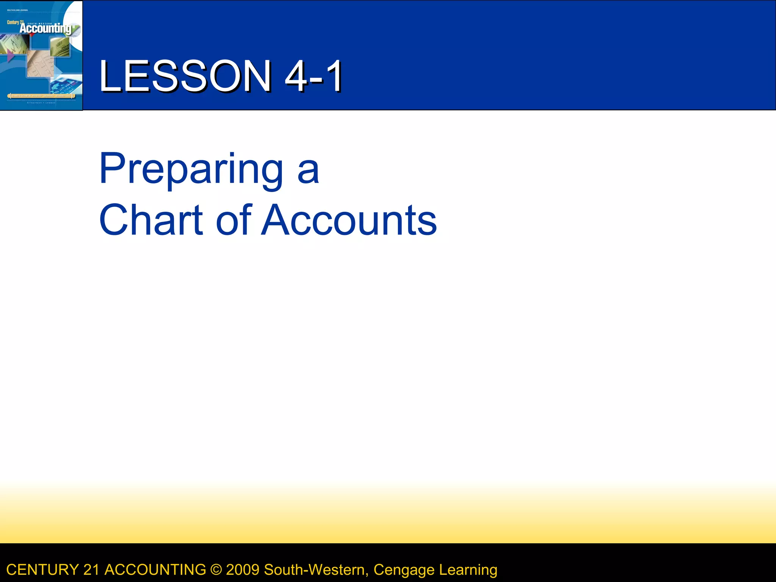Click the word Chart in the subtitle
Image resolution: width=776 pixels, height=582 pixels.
click(151, 221)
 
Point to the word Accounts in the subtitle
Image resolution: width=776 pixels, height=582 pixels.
click(349, 221)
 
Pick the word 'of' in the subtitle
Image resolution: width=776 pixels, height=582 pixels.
click(233, 221)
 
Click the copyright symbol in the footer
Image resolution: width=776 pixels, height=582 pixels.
click(216, 570)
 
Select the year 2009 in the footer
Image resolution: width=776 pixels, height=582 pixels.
click(242, 570)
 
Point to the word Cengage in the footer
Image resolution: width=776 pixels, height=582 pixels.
click(404, 570)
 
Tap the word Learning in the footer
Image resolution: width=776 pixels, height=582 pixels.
click(468, 570)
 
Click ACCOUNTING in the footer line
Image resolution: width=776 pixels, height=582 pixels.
click(155, 570)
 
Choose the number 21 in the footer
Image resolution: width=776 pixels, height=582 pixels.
click(91, 570)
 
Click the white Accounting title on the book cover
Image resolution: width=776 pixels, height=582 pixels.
click(45, 28)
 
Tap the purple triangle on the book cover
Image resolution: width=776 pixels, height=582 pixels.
click(11, 56)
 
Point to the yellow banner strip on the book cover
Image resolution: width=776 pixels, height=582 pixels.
click(41, 96)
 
